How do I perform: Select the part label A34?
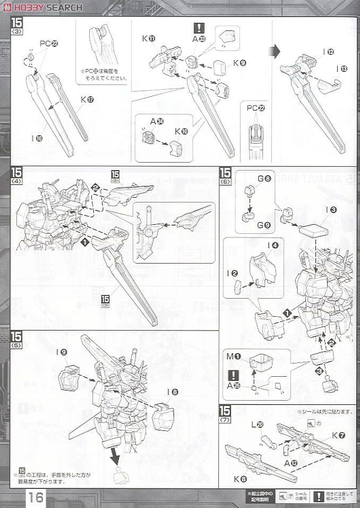(156, 122)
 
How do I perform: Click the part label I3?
(332, 210)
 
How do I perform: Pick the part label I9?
(63, 352)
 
